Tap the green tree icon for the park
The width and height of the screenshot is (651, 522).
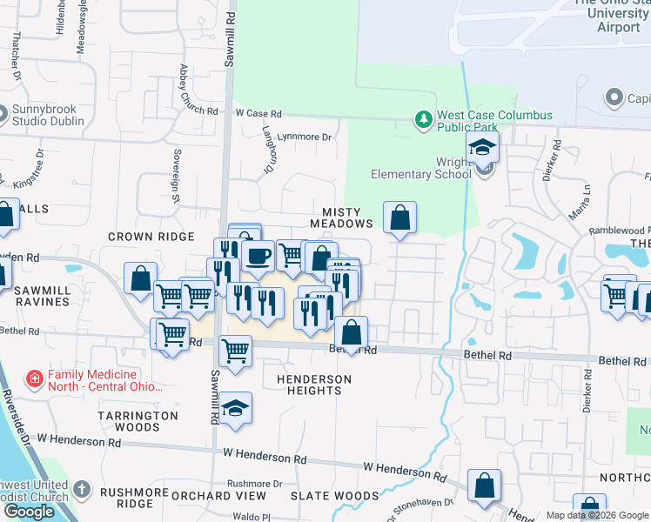click(x=423, y=118)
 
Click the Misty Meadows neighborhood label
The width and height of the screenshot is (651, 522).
click(x=348, y=217)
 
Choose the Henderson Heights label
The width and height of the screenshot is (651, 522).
click(x=314, y=385)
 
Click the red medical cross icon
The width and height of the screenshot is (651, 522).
click(x=34, y=379)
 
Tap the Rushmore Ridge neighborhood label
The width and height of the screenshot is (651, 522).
click(x=127, y=498)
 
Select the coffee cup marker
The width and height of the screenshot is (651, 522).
click(x=258, y=255)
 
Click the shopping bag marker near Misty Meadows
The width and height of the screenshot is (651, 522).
click(x=399, y=217)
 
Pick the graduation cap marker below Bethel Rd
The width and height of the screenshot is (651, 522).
click(x=235, y=409)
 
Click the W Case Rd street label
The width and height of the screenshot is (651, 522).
click(x=258, y=113)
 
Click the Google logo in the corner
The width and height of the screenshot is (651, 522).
click(x=29, y=512)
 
